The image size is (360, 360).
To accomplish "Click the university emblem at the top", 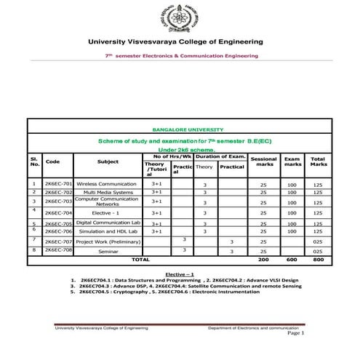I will click(180, 17).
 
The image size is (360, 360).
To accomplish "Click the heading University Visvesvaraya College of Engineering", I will click(180, 41).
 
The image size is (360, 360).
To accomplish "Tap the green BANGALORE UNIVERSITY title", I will click(180, 129).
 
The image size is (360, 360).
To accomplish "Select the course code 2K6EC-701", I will click(58, 184).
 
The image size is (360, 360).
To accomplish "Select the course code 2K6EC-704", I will click(58, 213).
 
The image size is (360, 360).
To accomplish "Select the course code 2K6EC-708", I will click(58, 249).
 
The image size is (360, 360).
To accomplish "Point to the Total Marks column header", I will click(318, 161).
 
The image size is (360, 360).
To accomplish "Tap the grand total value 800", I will click(318, 259).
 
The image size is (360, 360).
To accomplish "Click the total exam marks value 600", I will click(292, 259).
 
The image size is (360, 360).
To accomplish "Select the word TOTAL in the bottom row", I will click(140, 259).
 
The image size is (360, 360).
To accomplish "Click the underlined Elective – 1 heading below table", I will click(180, 273).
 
